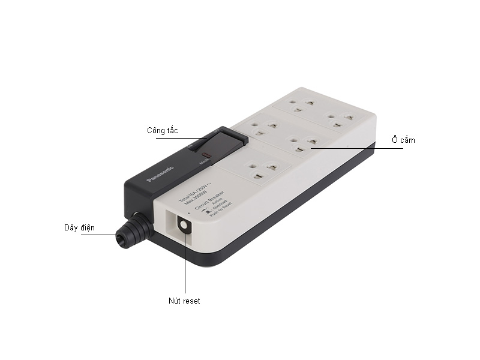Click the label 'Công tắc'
click(x=162, y=130)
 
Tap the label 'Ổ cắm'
click(x=404, y=140)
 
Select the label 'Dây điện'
click(x=80, y=227)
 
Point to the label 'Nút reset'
click(x=184, y=301)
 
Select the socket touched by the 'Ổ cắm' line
click(x=302, y=143)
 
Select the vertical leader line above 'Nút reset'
click(x=185, y=264)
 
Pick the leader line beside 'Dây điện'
click(x=99, y=235)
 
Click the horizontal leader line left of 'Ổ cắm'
click(x=360, y=148)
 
